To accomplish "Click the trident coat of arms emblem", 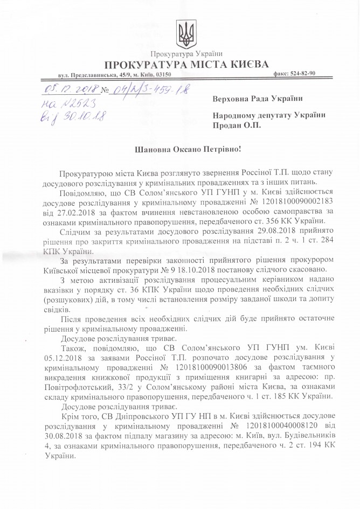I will [x=186, y=33].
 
